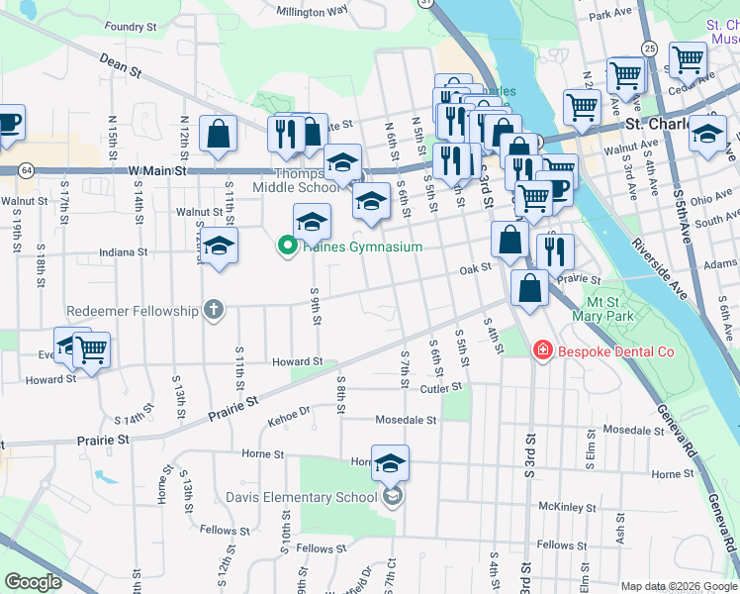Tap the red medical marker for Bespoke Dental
[542, 350]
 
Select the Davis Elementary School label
[301, 497]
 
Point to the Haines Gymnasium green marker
[289, 247]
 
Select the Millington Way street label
[313, 12]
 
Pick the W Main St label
[157, 171]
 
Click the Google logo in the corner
[33, 582]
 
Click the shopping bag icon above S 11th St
[218, 133]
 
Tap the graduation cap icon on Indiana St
[219, 245]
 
